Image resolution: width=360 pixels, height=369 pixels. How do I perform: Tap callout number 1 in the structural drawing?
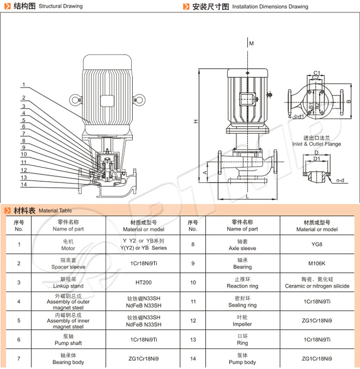[x=23, y=85]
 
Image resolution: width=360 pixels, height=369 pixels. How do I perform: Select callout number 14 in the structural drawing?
[x=23, y=184]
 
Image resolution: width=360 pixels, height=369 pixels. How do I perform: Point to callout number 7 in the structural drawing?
[x=23, y=133]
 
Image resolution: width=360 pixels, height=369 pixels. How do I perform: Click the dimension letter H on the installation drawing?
[x=195, y=122]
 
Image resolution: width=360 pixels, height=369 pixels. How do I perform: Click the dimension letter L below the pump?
[x=247, y=196]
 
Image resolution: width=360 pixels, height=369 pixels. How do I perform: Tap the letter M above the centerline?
[x=251, y=44]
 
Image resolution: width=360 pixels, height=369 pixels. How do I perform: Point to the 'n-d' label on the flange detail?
[x=340, y=181]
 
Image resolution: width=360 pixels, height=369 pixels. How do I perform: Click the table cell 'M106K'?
[x=317, y=264]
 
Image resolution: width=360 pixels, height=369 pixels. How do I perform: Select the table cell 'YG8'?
[x=317, y=245]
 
